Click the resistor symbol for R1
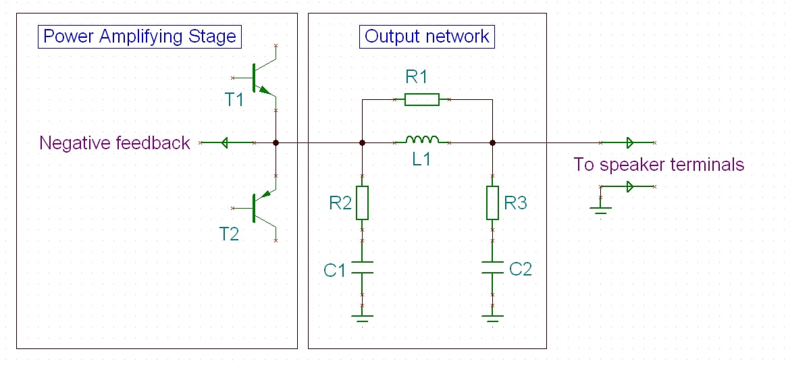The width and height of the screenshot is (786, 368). point(422,100)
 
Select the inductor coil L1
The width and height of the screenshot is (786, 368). point(422,140)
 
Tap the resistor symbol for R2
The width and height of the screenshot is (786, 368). point(363,203)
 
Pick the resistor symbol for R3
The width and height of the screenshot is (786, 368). point(493,203)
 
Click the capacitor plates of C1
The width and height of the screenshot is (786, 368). point(363,267)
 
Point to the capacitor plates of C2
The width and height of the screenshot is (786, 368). point(493,267)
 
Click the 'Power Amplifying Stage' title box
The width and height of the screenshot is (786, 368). point(139,36)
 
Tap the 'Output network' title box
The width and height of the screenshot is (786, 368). point(427,36)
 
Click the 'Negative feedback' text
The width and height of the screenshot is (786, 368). point(115,143)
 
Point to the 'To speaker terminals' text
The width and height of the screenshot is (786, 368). point(658,164)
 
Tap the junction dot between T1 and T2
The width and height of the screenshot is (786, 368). point(276,142)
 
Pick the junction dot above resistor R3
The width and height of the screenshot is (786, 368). point(493,142)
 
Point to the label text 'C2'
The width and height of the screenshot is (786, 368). point(521,269)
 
